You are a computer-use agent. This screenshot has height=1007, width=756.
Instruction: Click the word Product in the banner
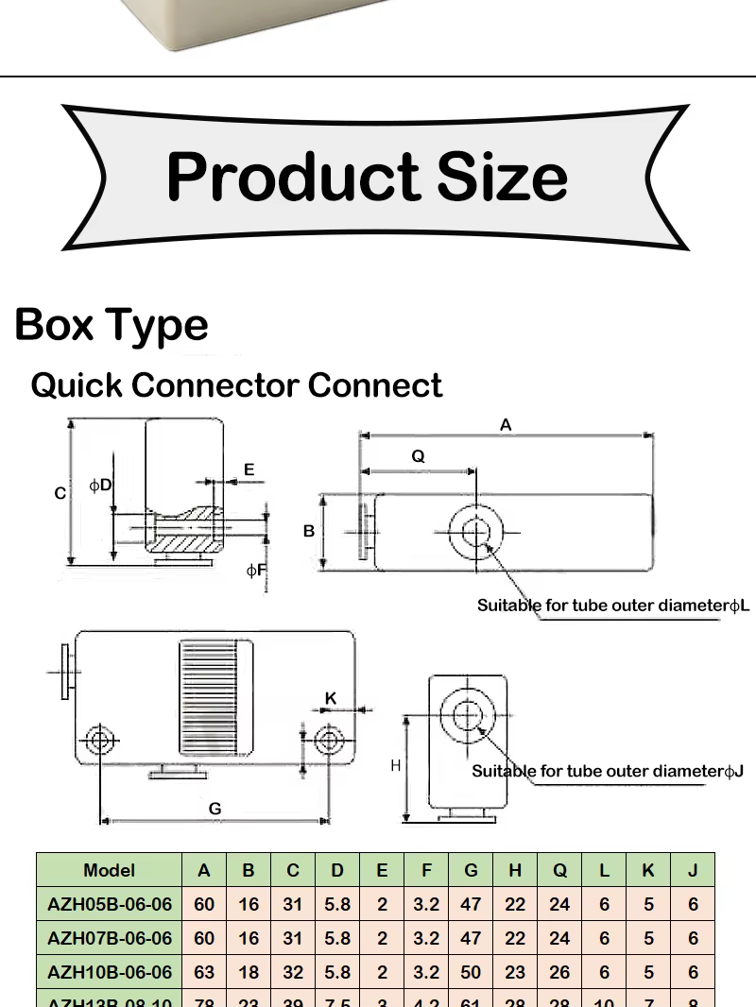[294, 177]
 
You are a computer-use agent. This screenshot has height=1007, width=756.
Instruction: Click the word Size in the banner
[502, 177]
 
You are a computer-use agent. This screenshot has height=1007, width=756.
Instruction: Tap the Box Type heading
[112, 324]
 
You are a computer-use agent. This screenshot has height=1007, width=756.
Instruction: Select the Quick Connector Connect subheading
[236, 385]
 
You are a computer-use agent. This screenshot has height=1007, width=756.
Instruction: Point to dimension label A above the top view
[506, 425]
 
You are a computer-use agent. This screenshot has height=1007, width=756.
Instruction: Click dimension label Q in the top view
[418, 456]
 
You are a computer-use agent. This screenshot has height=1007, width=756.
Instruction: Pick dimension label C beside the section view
[60, 493]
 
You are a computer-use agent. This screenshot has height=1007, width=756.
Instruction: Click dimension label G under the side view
[215, 809]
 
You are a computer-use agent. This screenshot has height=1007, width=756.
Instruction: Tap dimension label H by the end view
[396, 765]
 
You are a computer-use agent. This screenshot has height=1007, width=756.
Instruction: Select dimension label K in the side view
[331, 698]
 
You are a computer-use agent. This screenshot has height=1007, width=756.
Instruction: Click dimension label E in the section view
[249, 469]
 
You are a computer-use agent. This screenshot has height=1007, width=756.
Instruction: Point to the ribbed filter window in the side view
[216, 697]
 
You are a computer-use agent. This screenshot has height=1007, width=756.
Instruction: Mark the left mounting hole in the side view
[99, 740]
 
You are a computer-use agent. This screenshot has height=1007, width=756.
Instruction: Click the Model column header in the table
[110, 870]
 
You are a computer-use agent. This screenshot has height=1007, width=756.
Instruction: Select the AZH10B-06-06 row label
[110, 972]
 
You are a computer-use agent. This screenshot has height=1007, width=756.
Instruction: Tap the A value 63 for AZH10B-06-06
[204, 972]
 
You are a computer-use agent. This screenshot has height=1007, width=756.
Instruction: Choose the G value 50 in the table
[471, 972]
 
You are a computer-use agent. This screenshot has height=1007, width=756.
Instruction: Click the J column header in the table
[693, 870]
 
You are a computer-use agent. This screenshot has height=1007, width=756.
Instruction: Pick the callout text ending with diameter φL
[612, 605]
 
